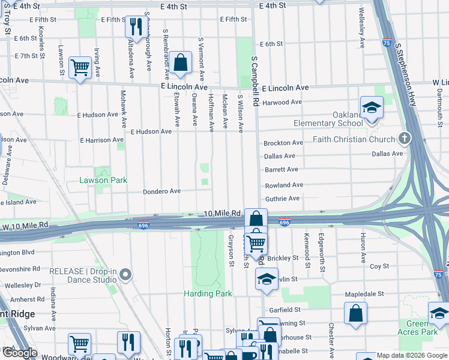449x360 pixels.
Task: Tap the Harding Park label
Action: pos(208,294)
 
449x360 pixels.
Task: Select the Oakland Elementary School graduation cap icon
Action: pos(372,107)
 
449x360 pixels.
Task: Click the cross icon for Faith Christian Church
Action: pos(405,139)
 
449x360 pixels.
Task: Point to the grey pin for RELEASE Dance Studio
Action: pos(125,275)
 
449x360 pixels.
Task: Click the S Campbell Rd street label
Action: pos(255,82)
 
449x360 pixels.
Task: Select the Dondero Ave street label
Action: pos(161,191)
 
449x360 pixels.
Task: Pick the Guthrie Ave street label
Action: pos(282,199)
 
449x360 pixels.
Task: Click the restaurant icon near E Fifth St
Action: pos(136,26)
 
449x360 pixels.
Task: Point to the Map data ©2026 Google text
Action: pos(411,355)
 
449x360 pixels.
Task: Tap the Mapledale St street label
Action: pos(364,295)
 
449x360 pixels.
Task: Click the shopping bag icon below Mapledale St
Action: pos(355,313)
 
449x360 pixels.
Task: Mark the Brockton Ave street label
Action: pos(283,143)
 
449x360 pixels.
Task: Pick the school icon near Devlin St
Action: pos(267,278)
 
